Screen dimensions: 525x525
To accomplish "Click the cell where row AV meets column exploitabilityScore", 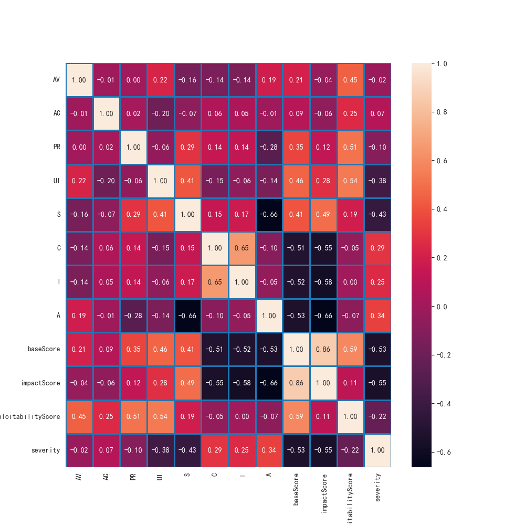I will pyautogui.click(x=350, y=80).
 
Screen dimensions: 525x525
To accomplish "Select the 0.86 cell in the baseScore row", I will pyautogui.click(x=323, y=349).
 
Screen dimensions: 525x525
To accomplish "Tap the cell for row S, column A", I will pyautogui.click(x=269, y=214).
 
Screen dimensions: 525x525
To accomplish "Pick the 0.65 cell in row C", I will pyautogui.click(x=242, y=248).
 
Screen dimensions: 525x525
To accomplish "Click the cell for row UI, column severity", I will pyautogui.click(x=377, y=181).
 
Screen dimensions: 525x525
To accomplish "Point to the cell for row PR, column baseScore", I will pyautogui.click(x=296, y=147).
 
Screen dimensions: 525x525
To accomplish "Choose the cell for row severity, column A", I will pyautogui.click(x=269, y=450).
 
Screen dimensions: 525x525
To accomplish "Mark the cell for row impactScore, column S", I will pyautogui.click(x=188, y=383).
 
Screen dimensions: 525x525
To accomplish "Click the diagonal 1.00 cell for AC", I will pyautogui.click(x=107, y=113).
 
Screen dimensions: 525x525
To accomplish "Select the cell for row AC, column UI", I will pyautogui.click(x=161, y=113).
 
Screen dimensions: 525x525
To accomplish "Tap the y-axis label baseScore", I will pyautogui.click(x=45, y=349).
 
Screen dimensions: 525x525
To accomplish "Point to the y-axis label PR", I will pyautogui.click(x=56, y=147).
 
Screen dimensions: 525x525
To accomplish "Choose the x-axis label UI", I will pyautogui.click(x=161, y=476).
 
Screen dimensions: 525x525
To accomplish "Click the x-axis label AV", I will pyautogui.click(x=79, y=476).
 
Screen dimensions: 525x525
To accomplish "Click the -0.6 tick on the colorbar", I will pyautogui.click(x=443, y=452).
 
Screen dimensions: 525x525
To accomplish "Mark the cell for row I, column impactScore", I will pyautogui.click(x=323, y=281).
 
